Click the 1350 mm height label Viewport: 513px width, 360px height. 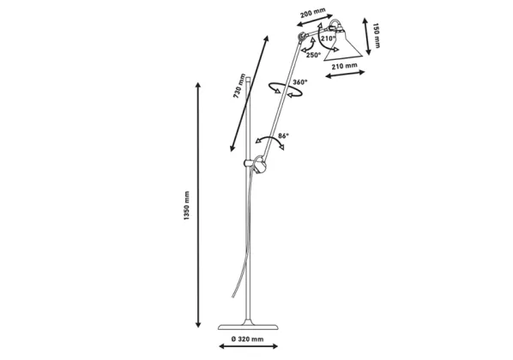pyautogui.click(x=186, y=206)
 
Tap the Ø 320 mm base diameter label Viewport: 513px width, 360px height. pyautogui.click(x=247, y=339)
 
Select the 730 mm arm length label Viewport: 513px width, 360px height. pyautogui.click(x=239, y=86)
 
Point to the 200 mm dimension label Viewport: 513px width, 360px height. pyautogui.click(x=313, y=13)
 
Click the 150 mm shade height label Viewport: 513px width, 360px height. pyautogui.click(x=377, y=36)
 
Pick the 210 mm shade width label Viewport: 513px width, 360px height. pyautogui.click(x=344, y=66)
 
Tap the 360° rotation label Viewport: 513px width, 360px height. pyautogui.click(x=300, y=81)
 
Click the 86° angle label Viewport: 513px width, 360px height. pyautogui.click(x=283, y=135)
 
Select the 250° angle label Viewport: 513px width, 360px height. pyautogui.click(x=314, y=55)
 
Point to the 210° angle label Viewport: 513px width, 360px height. pyautogui.click(x=329, y=38)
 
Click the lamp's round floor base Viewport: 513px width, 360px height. pyautogui.click(x=248, y=327)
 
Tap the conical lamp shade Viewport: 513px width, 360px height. pyautogui.click(x=343, y=46)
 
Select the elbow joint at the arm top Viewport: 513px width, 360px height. pyautogui.click(x=301, y=37)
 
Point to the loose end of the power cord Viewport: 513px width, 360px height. pyautogui.click(x=232, y=297)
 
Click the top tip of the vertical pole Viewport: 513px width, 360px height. pyautogui.click(x=248, y=77)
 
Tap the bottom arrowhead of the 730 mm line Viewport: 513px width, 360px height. pyautogui.click(x=232, y=149)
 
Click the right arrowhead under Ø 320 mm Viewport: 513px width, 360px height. pyautogui.click(x=275, y=346)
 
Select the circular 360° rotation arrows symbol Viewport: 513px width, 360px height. pyautogui.click(x=286, y=90)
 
